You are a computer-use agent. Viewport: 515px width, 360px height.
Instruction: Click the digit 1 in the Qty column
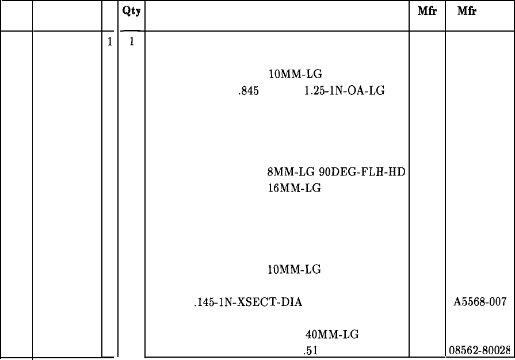[x=132, y=43]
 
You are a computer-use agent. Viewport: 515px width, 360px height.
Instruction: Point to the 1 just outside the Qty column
[x=109, y=43]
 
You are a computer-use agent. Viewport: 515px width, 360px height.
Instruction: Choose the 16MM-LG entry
[x=294, y=187]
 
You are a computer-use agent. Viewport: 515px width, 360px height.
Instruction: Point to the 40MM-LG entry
[x=331, y=334]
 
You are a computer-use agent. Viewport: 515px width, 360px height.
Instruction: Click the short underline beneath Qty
[x=132, y=30]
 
